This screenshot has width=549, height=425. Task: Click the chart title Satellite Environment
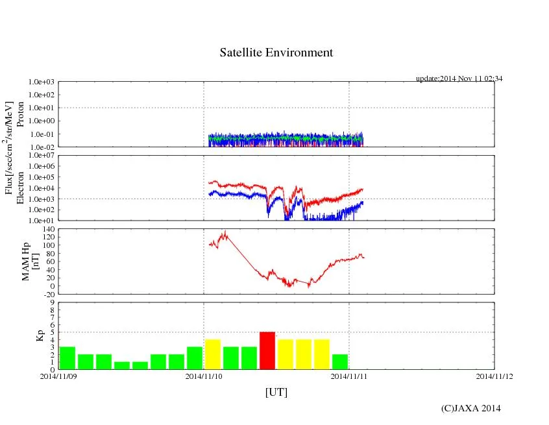click(276, 53)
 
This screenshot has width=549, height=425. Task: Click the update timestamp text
click(459, 79)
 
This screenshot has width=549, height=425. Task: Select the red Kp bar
click(267, 350)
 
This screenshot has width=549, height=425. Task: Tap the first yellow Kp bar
click(213, 354)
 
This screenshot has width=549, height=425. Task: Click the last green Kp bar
click(340, 361)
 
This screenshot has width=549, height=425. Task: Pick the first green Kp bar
click(67, 358)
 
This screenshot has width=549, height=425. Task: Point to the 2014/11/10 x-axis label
click(204, 376)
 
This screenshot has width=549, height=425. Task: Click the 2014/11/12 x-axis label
click(494, 376)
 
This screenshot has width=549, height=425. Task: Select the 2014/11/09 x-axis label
click(58, 376)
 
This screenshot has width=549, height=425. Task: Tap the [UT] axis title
click(276, 392)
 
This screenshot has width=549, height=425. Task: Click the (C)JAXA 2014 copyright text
click(471, 408)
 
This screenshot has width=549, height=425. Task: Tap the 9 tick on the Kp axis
click(52, 302)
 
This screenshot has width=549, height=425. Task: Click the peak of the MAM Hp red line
click(225, 232)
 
